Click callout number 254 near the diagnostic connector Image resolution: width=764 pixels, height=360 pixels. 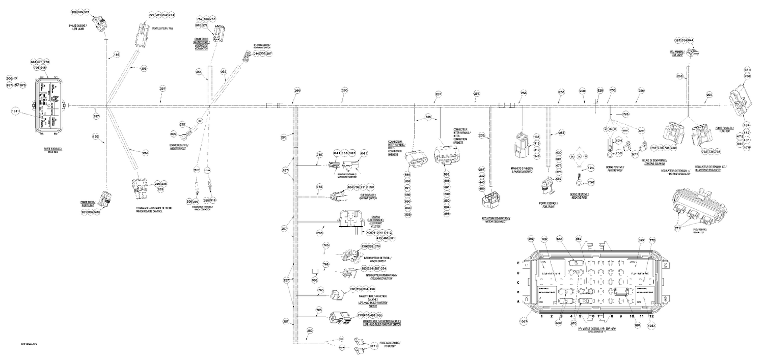[199, 72]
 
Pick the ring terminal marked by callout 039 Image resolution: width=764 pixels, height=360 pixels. [188, 134]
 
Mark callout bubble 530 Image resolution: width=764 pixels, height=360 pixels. [315, 280]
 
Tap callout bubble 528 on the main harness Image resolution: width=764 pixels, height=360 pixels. [600, 90]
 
